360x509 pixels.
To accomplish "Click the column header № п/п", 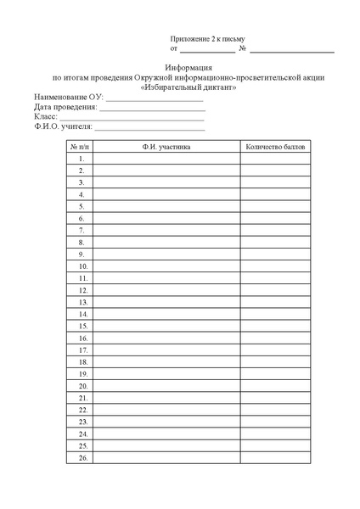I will [x=80, y=147].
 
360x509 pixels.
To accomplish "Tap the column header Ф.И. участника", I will [x=166, y=147].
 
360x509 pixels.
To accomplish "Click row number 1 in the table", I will [x=82, y=159].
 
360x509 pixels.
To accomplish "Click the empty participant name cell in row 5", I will [x=166, y=206].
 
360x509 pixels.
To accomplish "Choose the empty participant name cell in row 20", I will [x=166, y=385].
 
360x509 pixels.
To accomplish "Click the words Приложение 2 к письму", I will [x=207, y=40].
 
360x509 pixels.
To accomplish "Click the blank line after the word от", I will [x=208, y=52].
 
